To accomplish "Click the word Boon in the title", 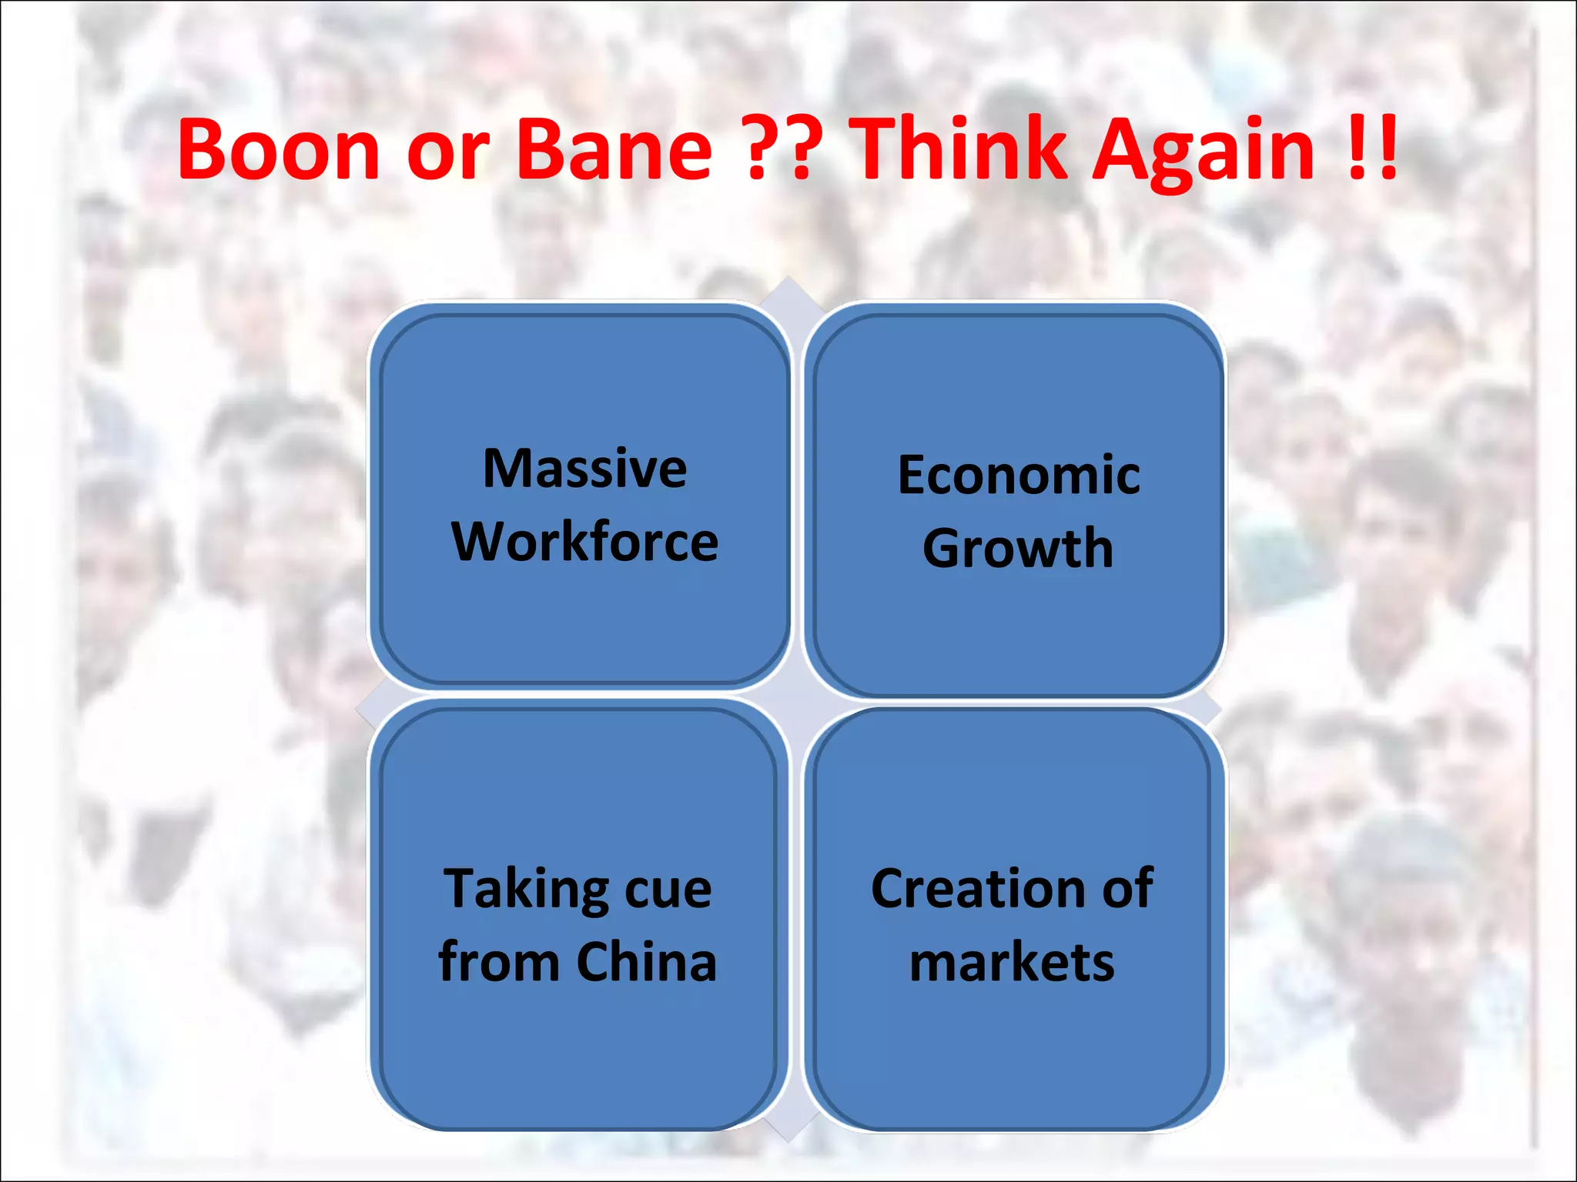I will (x=279, y=149).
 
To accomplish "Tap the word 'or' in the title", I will (x=447, y=154).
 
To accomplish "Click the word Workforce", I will (x=584, y=542).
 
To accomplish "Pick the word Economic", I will (x=1018, y=475).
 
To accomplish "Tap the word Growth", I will (x=1018, y=548).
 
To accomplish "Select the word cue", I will (x=668, y=891).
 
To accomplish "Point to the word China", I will (x=646, y=962).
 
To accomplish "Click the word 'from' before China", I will (x=498, y=962).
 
